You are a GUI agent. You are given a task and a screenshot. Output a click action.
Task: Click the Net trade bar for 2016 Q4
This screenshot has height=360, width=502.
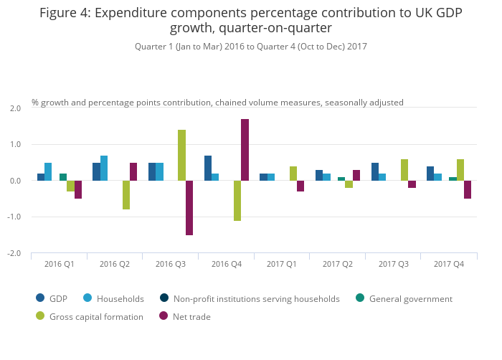click(x=245, y=150)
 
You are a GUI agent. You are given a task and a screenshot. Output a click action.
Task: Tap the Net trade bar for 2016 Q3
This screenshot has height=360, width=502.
click(x=189, y=208)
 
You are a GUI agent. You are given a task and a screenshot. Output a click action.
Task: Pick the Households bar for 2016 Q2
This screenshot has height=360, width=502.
click(x=104, y=169)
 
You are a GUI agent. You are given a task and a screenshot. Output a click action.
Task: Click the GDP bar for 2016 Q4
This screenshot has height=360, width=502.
click(x=208, y=169)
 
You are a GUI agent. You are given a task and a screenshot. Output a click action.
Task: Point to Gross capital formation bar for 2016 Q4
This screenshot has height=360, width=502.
click(x=237, y=201)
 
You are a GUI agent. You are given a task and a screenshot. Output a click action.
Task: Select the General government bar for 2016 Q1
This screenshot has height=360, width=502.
click(x=63, y=177)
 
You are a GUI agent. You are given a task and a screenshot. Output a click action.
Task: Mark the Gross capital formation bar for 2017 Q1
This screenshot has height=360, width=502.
click(x=293, y=174)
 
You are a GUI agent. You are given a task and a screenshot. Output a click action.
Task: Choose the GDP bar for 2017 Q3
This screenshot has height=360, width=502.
click(x=375, y=172)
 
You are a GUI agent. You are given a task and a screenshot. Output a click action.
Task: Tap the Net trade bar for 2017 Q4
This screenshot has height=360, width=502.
click(x=468, y=189)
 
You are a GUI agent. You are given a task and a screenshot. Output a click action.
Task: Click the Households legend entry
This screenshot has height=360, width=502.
click(x=120, y=298)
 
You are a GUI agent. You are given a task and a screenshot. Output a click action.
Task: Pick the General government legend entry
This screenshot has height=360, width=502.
click(x=410, y=298)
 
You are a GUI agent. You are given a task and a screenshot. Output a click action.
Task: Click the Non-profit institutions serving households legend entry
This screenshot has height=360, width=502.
click(x=256, y=298)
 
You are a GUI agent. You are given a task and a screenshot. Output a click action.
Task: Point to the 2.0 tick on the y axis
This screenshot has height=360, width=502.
click(x=15, y=108)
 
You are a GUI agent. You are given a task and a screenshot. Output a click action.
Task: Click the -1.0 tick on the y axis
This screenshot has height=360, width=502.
click(x=14, y=217)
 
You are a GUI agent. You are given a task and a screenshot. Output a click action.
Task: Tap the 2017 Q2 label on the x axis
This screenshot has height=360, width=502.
click(x=338, y=264)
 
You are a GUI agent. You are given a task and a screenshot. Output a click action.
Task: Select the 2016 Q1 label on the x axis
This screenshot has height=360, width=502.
click(x=60, y=264)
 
